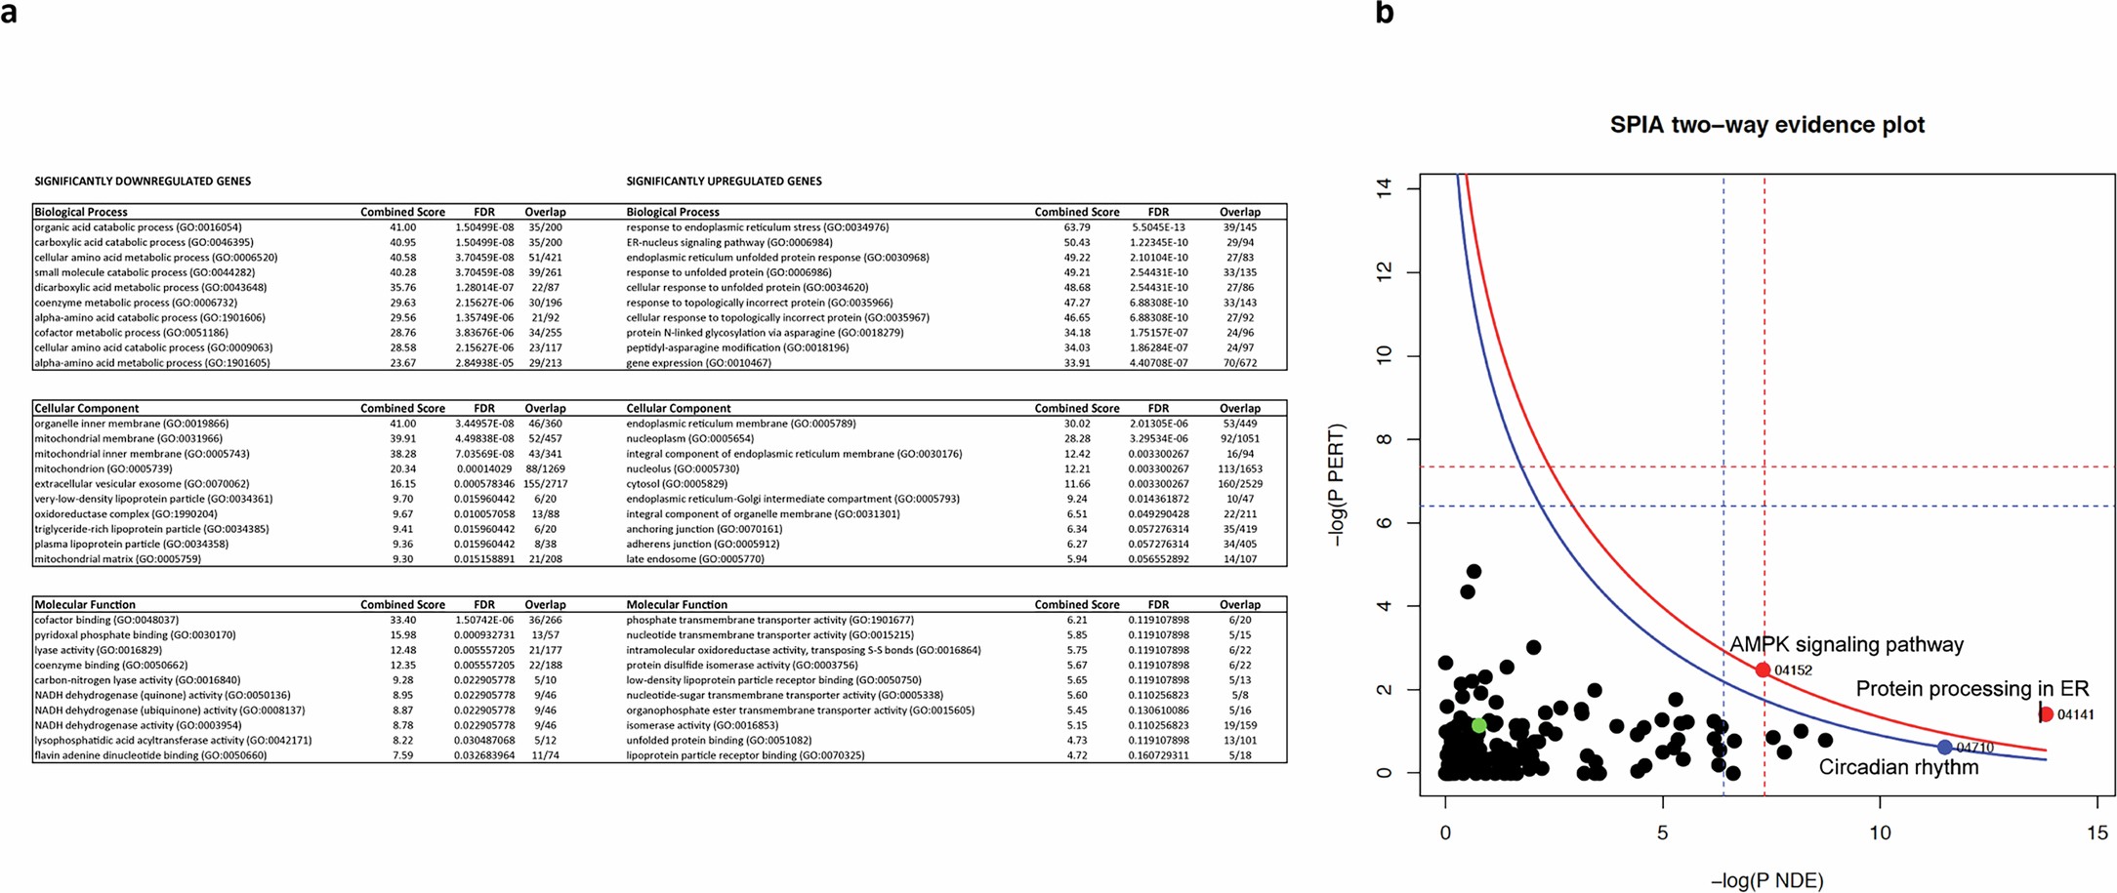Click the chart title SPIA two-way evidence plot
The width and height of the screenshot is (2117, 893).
[1766, 126]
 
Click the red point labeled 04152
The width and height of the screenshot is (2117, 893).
[1763, 670]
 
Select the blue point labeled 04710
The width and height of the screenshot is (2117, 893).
[1944, 747]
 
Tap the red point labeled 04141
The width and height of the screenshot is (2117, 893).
[2047, 714]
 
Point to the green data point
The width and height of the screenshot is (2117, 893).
[1478, 725]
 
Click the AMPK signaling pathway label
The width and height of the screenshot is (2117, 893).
[1846, 645]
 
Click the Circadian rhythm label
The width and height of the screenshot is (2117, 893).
[1897, 768]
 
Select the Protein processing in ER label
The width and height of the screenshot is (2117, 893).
[1972, 689]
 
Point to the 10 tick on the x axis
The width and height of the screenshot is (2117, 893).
[1880, 833]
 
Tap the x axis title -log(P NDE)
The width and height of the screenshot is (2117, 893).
[1766, 880]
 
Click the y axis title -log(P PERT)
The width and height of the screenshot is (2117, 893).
[1337, 484]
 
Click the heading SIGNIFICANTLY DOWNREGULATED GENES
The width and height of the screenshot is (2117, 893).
[143, 182]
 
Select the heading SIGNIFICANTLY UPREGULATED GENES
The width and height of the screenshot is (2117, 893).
[724, 182]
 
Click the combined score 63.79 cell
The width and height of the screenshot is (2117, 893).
[1076, 227]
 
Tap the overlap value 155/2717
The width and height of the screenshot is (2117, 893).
[545, 484]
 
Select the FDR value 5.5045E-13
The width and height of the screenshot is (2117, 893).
[1158, 227]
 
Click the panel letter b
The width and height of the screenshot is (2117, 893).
[1384, 14]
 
